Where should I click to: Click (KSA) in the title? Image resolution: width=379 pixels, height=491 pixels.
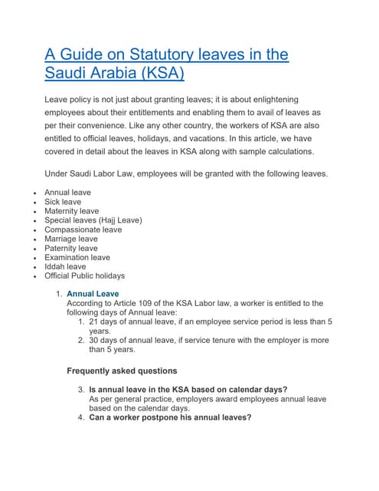[155, 74]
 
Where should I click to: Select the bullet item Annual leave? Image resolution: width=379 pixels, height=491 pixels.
[67, 193]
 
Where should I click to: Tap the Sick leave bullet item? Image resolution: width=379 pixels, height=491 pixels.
[62, 202]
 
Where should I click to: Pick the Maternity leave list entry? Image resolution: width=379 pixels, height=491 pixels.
[71, 211]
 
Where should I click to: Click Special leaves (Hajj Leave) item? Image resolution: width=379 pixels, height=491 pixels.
[93, 220]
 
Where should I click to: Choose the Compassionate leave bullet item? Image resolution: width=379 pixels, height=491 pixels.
[83, 229]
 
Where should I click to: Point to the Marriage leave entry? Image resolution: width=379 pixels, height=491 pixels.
[70, 239]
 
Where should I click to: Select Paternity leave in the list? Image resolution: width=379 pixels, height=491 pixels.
[70, 248]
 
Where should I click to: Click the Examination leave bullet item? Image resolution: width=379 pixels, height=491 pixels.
[77, 258]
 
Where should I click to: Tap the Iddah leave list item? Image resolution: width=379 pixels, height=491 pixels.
[64, 267]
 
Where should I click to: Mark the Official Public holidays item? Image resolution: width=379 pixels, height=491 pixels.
[84, 276]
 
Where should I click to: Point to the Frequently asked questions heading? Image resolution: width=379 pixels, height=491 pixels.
[123, 371]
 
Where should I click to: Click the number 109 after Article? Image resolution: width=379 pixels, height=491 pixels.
[149, 303]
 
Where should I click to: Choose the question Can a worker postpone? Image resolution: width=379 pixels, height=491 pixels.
[169, 418]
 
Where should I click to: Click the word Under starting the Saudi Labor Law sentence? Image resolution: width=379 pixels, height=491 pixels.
[57, 173]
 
